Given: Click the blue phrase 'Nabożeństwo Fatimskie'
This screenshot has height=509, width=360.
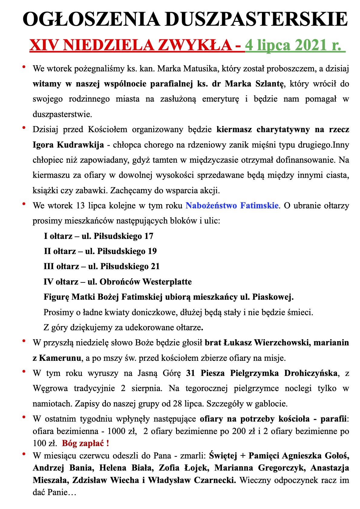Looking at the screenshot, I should (x=232, y=206).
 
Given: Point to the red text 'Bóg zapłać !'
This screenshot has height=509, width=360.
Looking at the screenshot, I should (x=86, y=443).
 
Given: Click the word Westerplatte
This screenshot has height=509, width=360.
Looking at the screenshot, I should (x=167, y=282).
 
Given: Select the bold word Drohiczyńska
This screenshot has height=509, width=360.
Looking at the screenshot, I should (x=311, y=373).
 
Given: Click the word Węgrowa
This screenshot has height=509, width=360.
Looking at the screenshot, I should (x=50, y=388).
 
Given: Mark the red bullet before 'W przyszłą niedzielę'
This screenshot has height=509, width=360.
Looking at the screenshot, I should (x=24, y=341).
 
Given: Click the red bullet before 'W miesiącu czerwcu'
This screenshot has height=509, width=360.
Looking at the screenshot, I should (x=24, y=454).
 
